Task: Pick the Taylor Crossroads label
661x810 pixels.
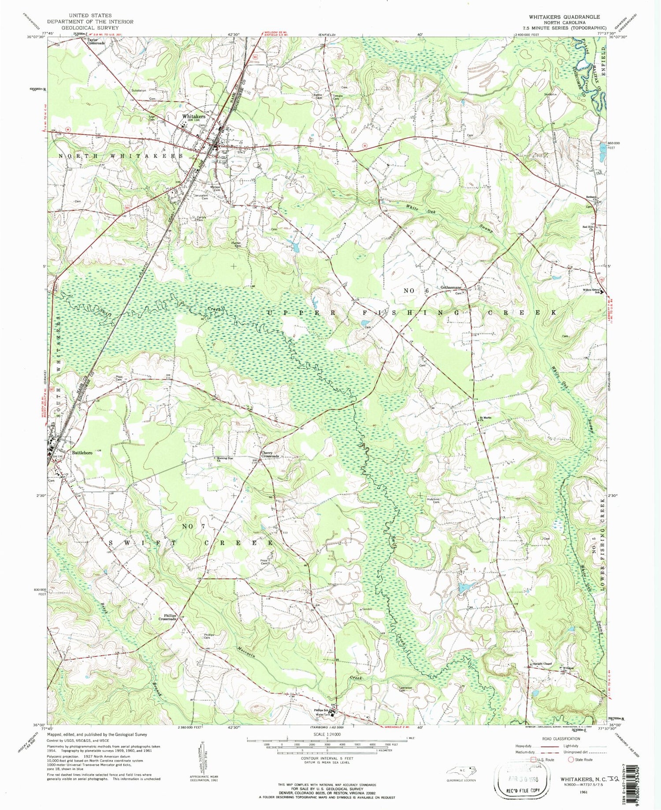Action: [96, 41]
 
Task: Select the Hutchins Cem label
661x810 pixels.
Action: [433, 501]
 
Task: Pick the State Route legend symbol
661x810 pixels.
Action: [572, 759]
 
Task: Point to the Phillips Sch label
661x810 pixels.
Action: [321, 710]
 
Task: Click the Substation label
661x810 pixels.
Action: [138, 90]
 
